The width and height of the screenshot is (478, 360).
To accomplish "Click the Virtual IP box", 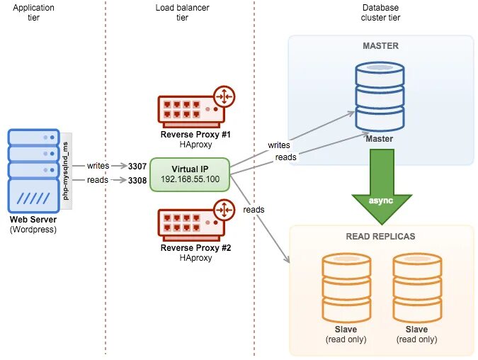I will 190,174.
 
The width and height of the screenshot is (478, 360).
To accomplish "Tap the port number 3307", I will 137,166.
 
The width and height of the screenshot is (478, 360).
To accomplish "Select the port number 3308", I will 137,181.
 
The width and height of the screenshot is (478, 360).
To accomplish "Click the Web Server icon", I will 33,171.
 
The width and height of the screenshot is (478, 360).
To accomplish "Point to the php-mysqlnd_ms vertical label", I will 66,170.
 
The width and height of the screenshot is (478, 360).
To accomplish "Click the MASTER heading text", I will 380,46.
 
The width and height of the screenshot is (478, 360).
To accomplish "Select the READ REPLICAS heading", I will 380,236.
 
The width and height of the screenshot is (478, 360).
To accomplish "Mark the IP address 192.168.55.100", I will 190,179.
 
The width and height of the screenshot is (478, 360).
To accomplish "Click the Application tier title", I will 34,12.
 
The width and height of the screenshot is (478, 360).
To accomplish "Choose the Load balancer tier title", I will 182,12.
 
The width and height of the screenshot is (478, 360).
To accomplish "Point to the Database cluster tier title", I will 380,12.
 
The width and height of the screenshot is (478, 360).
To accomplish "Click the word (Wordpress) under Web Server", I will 33,230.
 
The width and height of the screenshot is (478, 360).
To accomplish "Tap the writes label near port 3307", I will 98,166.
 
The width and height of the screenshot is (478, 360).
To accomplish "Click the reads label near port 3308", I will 98,180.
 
